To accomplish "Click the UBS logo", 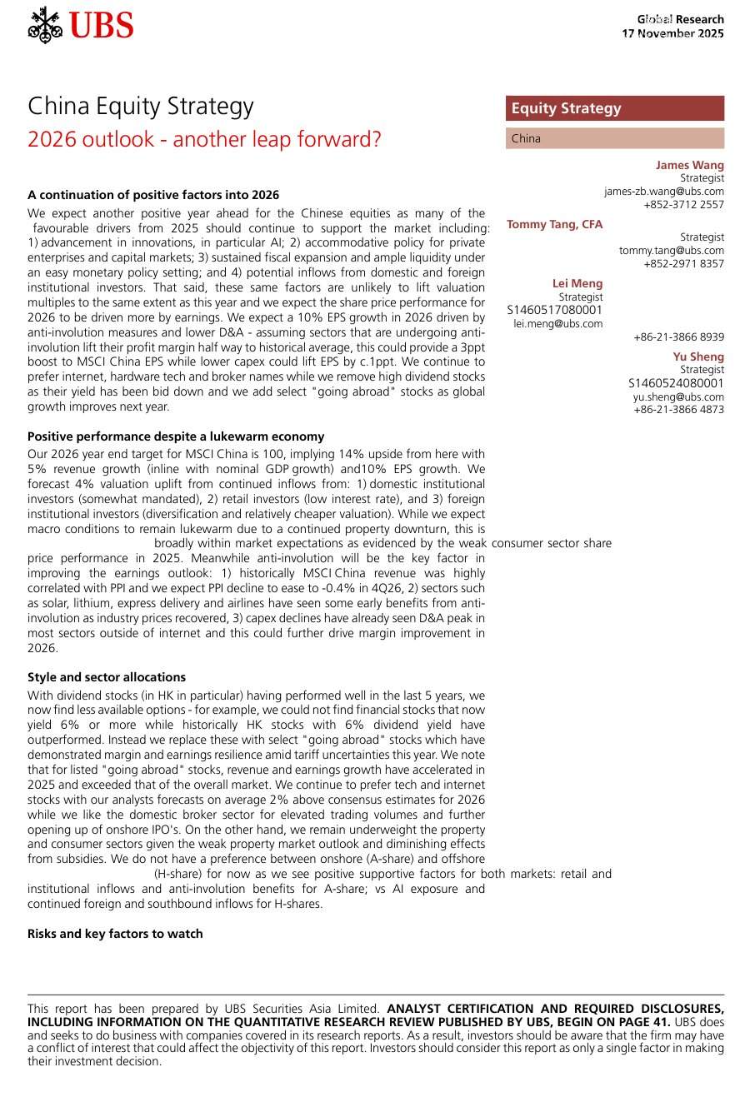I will coord(80,26).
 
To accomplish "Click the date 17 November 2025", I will coord(672,34).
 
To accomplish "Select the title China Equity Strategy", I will coord(141,107).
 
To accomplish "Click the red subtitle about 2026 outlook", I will coord(204,139).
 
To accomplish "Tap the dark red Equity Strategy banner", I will coord(614,108).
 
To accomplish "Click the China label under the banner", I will coord(526,139).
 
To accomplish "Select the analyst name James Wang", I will coord(689,165).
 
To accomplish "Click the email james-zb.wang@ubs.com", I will coord(664,192).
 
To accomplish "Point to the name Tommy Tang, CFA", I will coord(554,224).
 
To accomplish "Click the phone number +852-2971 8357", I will coord(683,264).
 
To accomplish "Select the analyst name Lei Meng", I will coord(577,283).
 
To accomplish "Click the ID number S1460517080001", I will coord(554,310).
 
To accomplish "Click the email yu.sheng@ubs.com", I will coord(678,397).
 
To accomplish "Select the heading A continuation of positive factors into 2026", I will coord(153,195).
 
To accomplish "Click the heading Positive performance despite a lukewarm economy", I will coord(176,436).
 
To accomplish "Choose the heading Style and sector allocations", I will coord(107,677).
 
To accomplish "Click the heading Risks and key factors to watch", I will coord(115,934).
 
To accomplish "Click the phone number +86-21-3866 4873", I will coord(678,410).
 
